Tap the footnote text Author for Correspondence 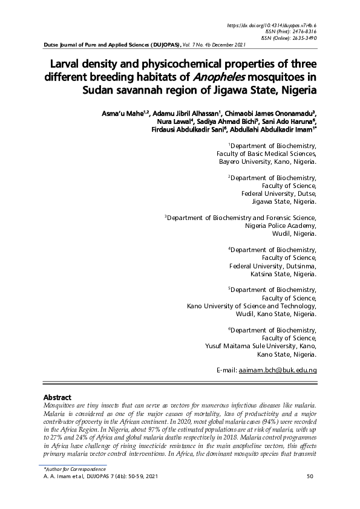72,470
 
